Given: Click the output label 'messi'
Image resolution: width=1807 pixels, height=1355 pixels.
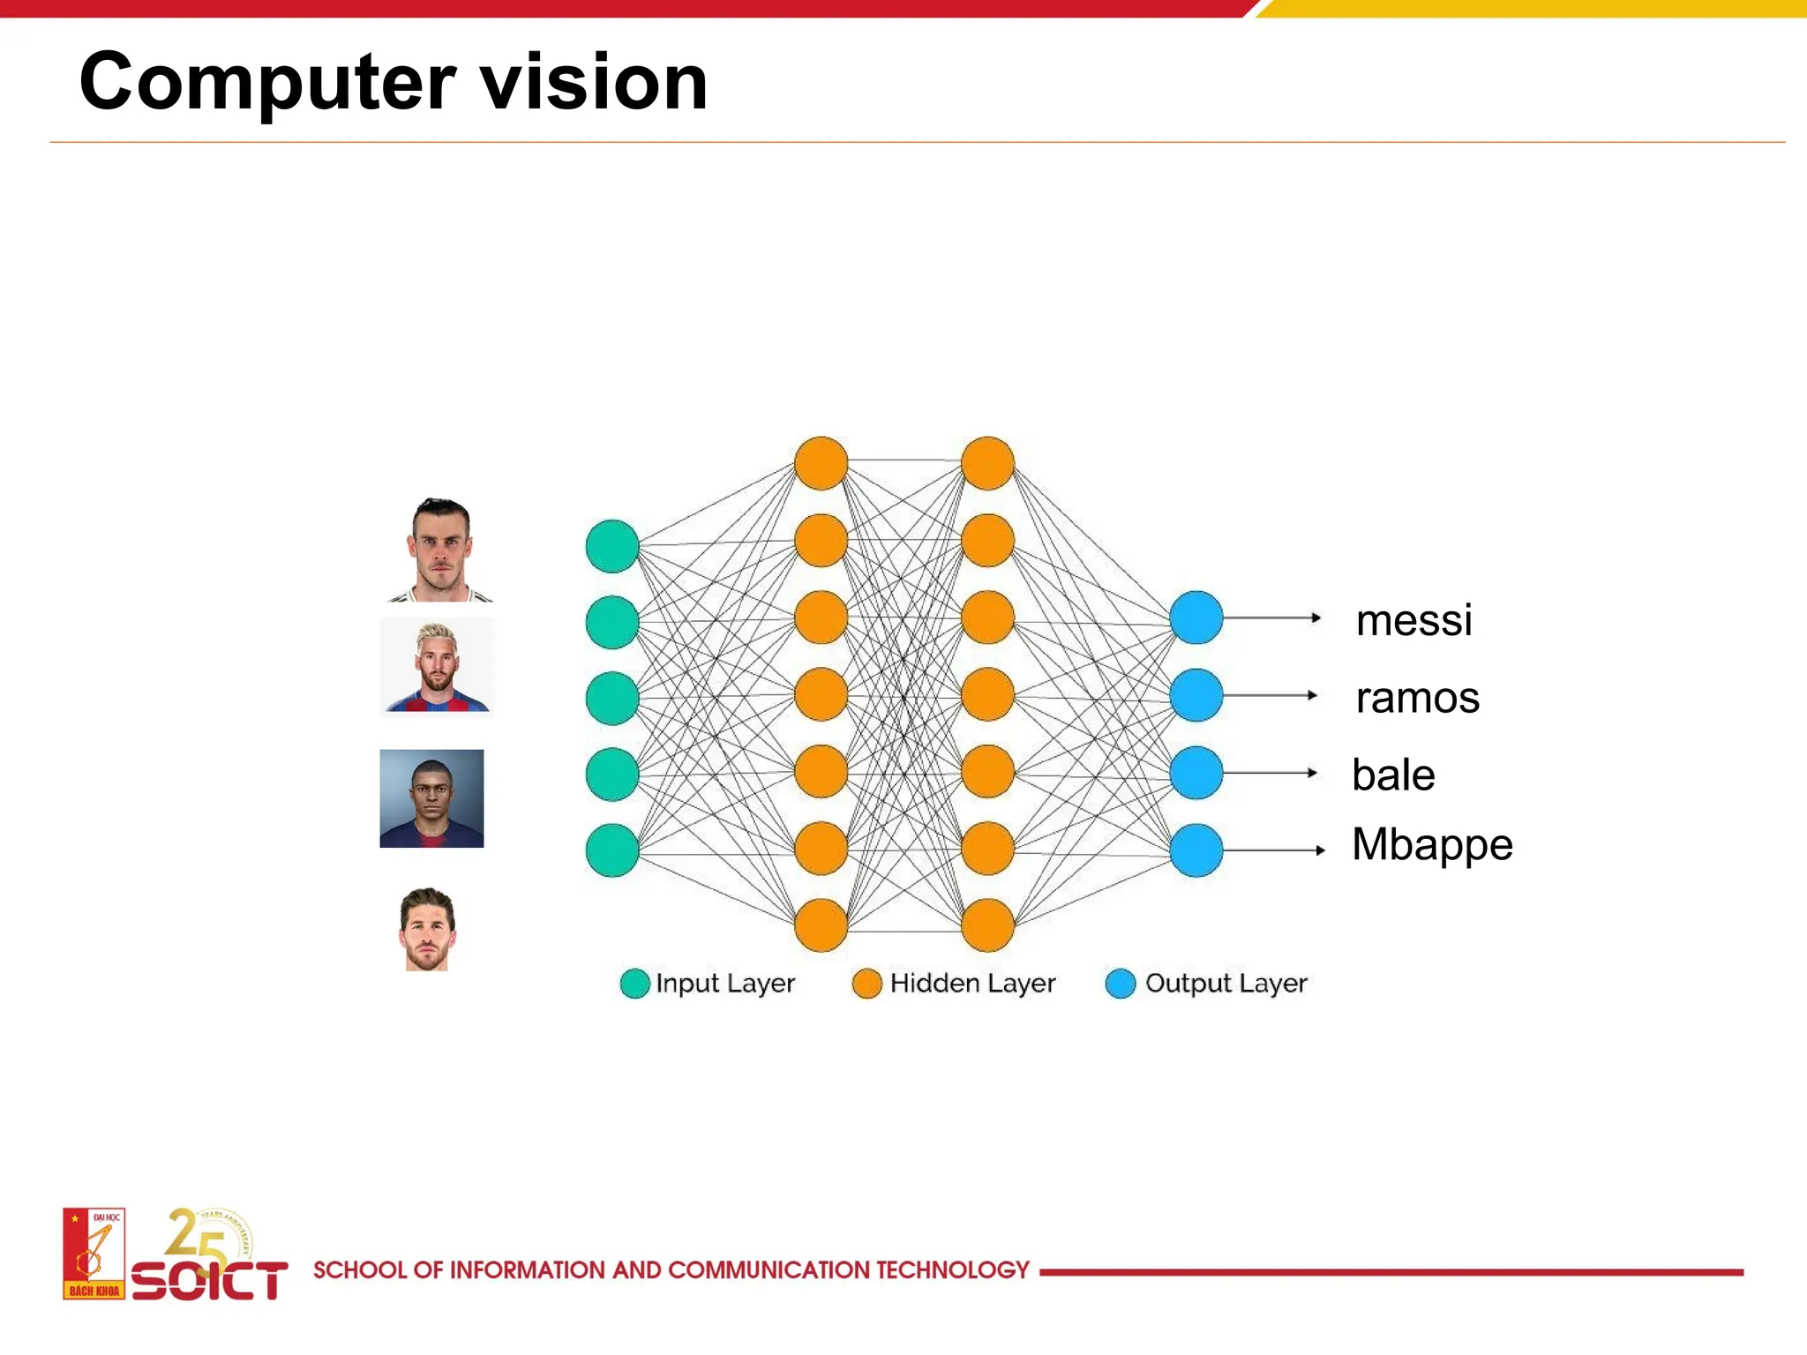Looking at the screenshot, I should click(1413, 620).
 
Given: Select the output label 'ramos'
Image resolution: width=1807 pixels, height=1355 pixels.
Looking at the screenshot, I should click(1417, 698).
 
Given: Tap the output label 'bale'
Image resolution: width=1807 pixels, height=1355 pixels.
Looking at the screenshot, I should click(1393, 775).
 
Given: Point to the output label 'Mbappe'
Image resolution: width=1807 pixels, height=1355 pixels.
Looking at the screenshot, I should click(1432, 845).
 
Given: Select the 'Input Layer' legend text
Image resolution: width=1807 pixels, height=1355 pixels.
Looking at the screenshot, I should click(724, 983).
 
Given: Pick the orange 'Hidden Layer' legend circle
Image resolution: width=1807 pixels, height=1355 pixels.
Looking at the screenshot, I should click(866, 984).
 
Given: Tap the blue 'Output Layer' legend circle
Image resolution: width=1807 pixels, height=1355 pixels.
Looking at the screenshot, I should click(1120, 984).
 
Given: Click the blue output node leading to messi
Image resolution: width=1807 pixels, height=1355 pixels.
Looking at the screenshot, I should click(1196, 618).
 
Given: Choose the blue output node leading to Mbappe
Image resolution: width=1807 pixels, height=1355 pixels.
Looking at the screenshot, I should click(1196, 850).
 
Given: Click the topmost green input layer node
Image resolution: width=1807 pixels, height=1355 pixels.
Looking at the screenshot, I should click(611, 546).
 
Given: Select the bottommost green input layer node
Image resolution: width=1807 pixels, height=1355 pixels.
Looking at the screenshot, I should click(611, 850).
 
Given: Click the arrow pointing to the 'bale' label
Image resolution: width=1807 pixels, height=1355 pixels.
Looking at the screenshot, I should click(1271, 773).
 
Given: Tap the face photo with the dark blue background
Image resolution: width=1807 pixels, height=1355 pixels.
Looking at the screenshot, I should click(431, 798).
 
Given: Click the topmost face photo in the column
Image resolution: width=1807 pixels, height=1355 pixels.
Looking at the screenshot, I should click(440, 550).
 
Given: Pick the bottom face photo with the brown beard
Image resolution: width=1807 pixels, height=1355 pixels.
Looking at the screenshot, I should click(428, 930).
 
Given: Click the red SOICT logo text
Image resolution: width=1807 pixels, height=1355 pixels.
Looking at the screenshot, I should click(209, 1281).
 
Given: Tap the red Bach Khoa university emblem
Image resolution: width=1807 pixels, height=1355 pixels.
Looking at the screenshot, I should click(94, 1254).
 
